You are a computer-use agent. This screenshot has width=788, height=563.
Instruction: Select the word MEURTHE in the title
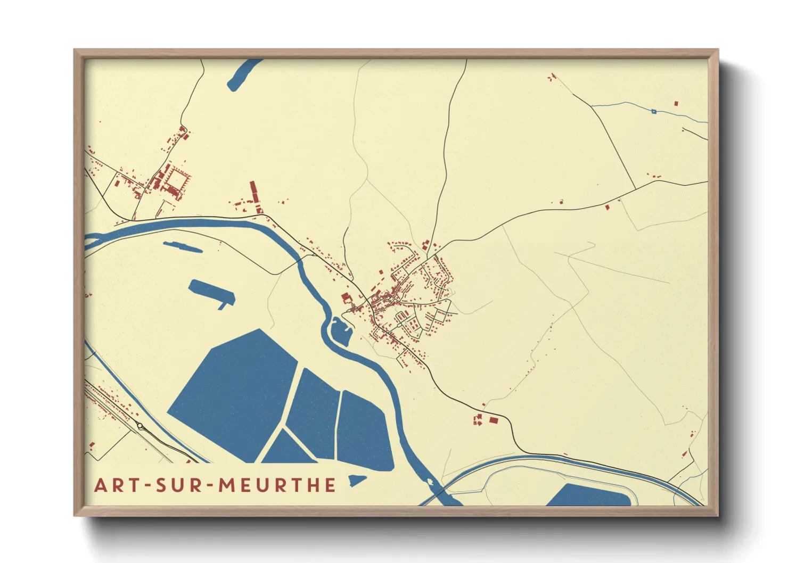(x=277, y=485)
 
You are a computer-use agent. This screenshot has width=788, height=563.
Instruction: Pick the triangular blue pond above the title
(x=288, y=450)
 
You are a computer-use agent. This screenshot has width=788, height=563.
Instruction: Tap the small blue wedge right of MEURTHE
(x=356, y=482)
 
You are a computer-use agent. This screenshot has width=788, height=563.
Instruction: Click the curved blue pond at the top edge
(x=242, y=74)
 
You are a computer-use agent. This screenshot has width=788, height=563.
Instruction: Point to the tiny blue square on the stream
(x=654, y=111)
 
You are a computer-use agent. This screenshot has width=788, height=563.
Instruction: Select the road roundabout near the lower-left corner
(x=141, y=426)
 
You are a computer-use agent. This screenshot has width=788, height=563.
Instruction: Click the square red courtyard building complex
(x=174, y=181)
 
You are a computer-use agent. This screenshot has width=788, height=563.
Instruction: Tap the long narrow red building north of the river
(x=254, y=194)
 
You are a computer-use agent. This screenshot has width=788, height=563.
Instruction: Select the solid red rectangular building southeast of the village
(x=494, y=420)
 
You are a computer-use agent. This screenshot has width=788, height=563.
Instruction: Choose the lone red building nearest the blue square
(x=677, y=103)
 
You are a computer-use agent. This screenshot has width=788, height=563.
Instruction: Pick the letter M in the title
(x=227, y=485)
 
